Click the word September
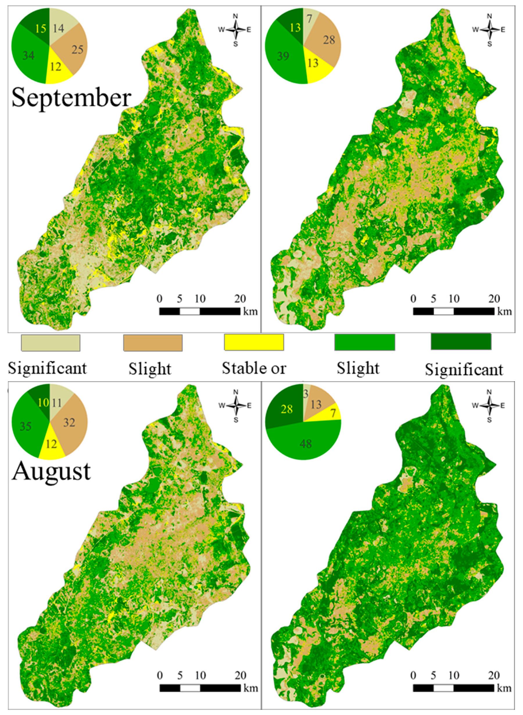click(71, 98)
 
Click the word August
click(51, 471)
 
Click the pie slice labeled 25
click(77, 50)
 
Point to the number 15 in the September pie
click(40, 29)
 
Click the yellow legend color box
click(254, 342)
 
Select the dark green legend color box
click(461, 342)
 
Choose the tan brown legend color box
click(153, 343)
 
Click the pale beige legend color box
click(50, 343)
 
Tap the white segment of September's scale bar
click(190, 311)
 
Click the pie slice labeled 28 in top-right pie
click(329, 40)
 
